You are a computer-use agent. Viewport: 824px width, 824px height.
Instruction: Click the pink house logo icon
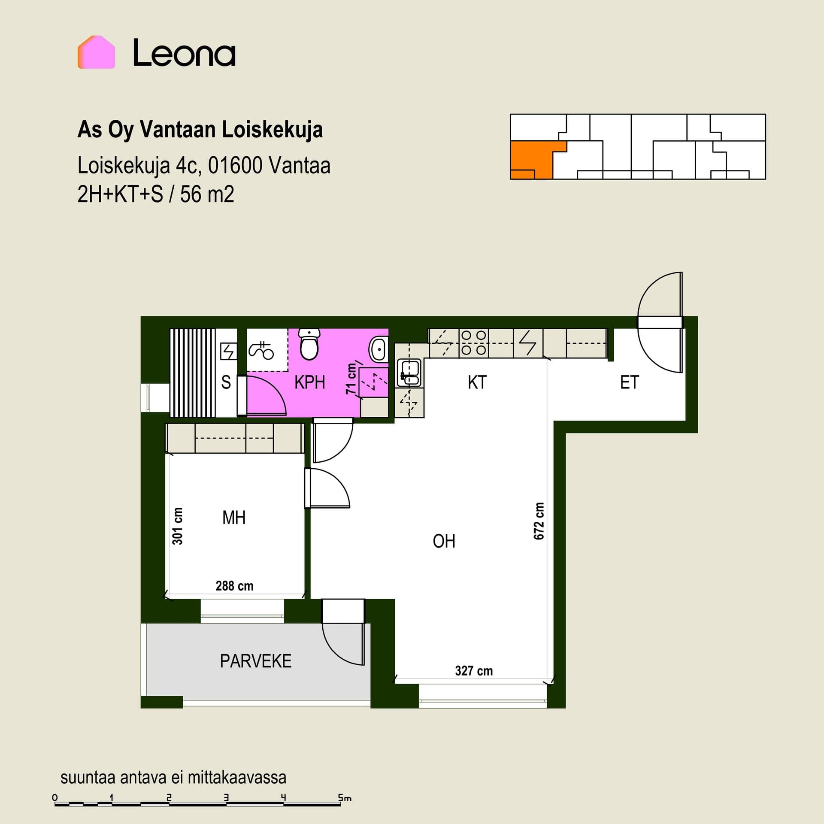[x=96, y=52]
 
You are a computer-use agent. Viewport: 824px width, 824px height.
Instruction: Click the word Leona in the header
[x=184, y=53]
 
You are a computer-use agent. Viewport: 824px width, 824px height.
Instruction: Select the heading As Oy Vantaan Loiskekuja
[x=200, y=129]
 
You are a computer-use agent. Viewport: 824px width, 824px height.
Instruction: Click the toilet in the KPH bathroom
[x=309, y=344]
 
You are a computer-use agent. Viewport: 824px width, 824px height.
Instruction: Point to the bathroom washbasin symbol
[x=379, y=349]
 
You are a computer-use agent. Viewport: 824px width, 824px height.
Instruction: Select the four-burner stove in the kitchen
[x=474, y=343]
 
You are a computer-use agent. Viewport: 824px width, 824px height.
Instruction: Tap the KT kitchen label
[x=477, y=382]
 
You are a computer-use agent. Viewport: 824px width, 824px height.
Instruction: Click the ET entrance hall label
[x=630, y=382]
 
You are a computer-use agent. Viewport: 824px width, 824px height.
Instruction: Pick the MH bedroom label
[x=234, y=518]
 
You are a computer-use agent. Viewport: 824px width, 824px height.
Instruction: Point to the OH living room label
[x=444, y=541]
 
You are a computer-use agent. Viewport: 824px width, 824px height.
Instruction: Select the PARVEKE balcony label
[x=256, y=661]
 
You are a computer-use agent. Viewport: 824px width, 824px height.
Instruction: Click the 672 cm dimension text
[x=539, y=521]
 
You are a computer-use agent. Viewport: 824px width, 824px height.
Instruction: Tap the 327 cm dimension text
[x=474, y=671]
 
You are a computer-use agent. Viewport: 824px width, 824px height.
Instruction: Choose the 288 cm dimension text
[x=234, y=586]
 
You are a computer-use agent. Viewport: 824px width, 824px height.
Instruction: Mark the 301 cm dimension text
[x=177, y=526]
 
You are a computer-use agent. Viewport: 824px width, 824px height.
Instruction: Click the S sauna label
[x=226, y=382]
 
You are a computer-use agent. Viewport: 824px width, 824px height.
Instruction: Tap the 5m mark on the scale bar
[x=344, y=798]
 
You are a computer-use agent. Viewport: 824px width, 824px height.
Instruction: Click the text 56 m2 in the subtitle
[x=207, y=194]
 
